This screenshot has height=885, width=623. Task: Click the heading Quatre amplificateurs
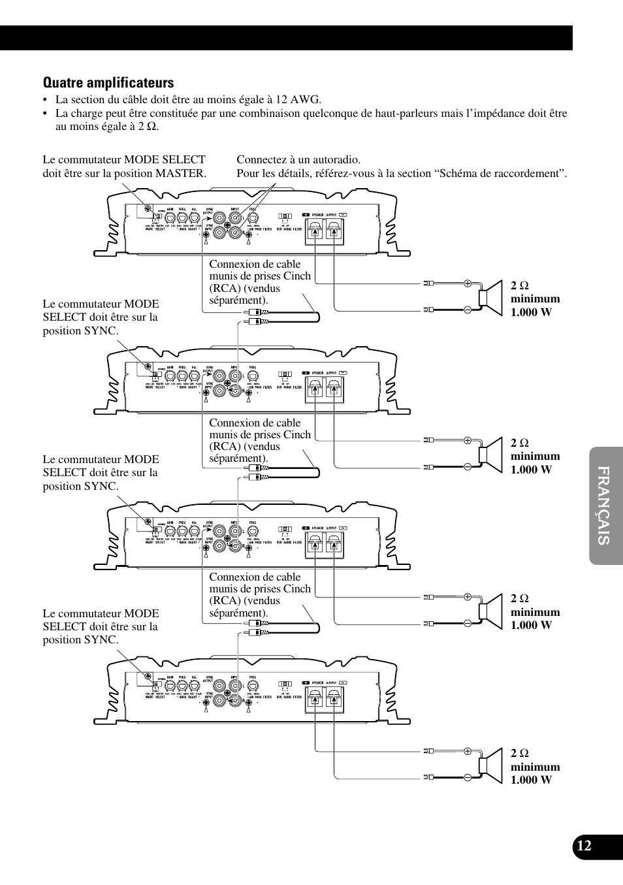(108, 83)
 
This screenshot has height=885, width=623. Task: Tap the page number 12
(584, 846)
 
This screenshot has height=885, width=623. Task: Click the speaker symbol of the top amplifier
(489, 297)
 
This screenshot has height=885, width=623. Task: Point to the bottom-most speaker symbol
(489, 765)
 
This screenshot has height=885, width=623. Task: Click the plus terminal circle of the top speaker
(468, 283)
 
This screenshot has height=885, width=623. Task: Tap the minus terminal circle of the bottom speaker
(468, 777)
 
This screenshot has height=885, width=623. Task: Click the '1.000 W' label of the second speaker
(531, 470)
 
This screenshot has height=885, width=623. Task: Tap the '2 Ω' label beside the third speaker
(520, 598)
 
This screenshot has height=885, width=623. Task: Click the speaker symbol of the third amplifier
(489, 610)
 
